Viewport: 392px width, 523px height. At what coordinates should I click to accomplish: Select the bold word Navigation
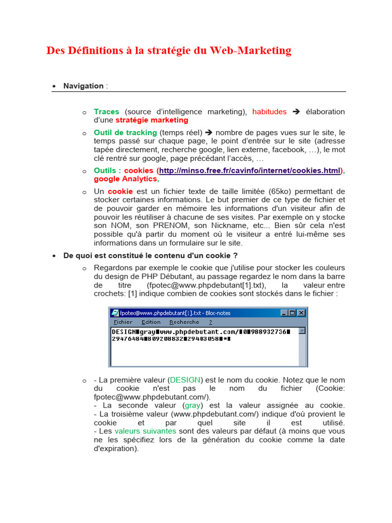(x=83, y=86)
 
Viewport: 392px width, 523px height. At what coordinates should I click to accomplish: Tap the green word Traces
(x=106, y=111)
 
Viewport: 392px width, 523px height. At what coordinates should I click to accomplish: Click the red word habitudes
(x=269, y=111)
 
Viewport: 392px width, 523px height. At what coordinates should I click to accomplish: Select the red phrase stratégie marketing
(x=152, y=120)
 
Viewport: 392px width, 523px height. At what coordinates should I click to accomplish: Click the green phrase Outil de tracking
(x=125, y=132)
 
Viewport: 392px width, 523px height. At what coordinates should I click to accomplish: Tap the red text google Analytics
(x=126, y=179)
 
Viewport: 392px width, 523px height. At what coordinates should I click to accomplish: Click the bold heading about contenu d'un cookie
(x=151, y=255)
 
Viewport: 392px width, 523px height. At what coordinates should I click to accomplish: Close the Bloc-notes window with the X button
(x=301, y=313)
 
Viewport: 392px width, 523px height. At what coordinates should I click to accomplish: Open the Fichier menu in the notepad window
(x=123, y=322)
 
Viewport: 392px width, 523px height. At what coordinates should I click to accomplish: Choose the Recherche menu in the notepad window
(x=184, y=322)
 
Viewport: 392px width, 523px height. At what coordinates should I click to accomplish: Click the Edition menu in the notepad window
(x=151, y=322)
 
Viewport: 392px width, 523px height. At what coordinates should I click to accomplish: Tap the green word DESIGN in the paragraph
(x=186, y=380)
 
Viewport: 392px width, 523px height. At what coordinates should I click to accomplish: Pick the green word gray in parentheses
(x=192, y=405)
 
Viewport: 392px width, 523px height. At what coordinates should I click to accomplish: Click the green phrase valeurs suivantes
(x=145, y=431)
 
